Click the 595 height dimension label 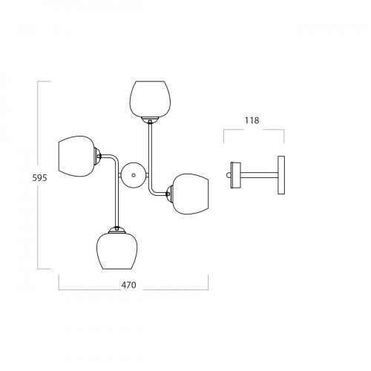39,177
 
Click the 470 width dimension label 128,285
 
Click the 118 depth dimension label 252,120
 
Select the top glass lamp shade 150,99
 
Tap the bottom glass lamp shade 116,251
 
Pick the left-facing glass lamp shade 76,157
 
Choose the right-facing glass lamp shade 191,194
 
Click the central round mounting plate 134,175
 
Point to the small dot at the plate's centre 134,175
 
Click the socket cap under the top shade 150,120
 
